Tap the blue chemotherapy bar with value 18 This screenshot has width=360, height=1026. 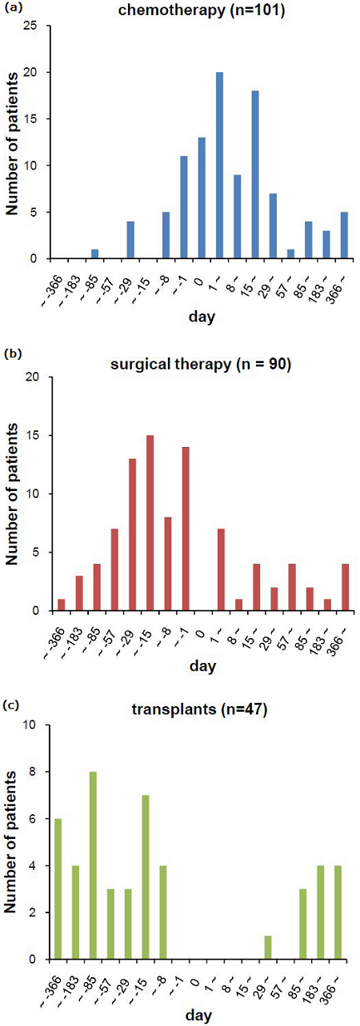(x=255, y=175)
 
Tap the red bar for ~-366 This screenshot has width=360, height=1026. (x=62, y=605)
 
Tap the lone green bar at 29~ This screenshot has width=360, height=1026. (x=269, y=948)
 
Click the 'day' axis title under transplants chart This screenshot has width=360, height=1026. (x=201, y=1015)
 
